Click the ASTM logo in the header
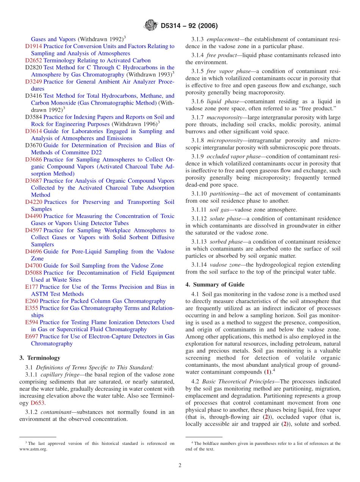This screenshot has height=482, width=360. [151, 26]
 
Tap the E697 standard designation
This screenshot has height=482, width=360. [32, 336]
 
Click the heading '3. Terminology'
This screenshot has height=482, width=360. [40, 358]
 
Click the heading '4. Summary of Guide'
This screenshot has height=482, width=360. [215, 285]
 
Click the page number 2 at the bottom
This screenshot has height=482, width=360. [180, 465]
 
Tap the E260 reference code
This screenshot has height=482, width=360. [32, 301]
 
